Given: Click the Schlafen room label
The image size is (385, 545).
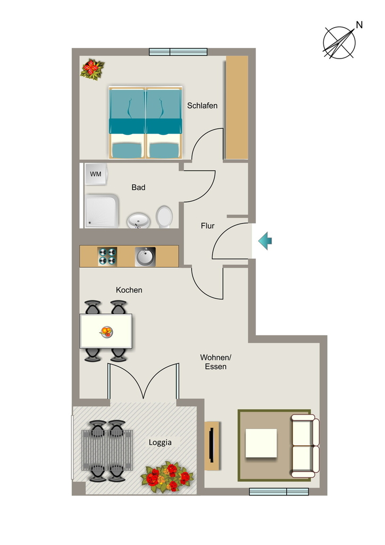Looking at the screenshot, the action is click(202, 105).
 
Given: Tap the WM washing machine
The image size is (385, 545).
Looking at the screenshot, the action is click(96, 174).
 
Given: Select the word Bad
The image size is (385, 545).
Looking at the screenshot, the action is click(138, 187).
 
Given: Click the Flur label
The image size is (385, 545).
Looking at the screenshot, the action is click(207, 226).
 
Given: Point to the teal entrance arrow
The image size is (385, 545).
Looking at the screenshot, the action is click(265, 241).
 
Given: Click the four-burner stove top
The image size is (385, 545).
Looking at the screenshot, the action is click(107, 257).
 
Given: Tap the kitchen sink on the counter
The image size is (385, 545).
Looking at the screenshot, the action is click(145, 257).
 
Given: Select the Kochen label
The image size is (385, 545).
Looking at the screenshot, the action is click(129, 290).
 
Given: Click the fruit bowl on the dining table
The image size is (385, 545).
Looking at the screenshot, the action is click(106, 331).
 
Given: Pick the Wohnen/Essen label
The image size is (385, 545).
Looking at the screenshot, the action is click(215, 362).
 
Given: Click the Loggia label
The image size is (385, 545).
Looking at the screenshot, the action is click(160, 442).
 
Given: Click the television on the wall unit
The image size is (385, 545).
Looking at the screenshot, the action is click(212, 445).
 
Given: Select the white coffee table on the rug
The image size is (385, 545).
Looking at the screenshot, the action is click(261, 443).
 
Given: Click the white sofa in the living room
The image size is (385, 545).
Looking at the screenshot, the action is click(305, 446).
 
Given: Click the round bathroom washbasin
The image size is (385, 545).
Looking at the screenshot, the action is click(138, 220).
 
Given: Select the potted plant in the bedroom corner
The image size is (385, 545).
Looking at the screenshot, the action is click(92, 69).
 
